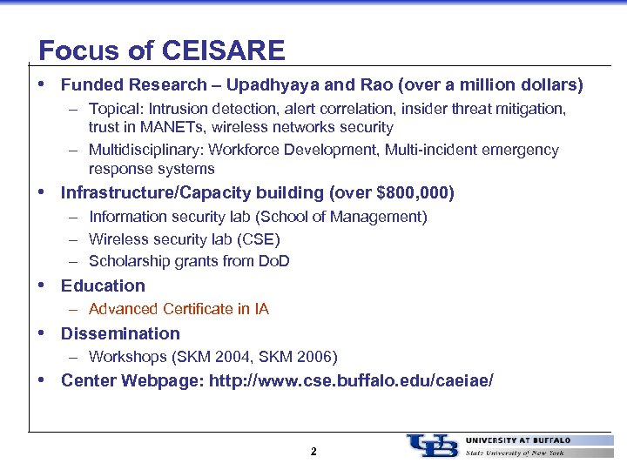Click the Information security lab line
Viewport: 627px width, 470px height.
[258, 216]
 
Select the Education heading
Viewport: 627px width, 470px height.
[103, 285]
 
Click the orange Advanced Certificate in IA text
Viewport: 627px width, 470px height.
[179, 309]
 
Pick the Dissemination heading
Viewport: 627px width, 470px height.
[120, 333]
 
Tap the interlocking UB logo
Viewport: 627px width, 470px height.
[432, 445]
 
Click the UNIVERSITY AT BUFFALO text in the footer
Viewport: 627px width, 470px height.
[518, 440]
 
